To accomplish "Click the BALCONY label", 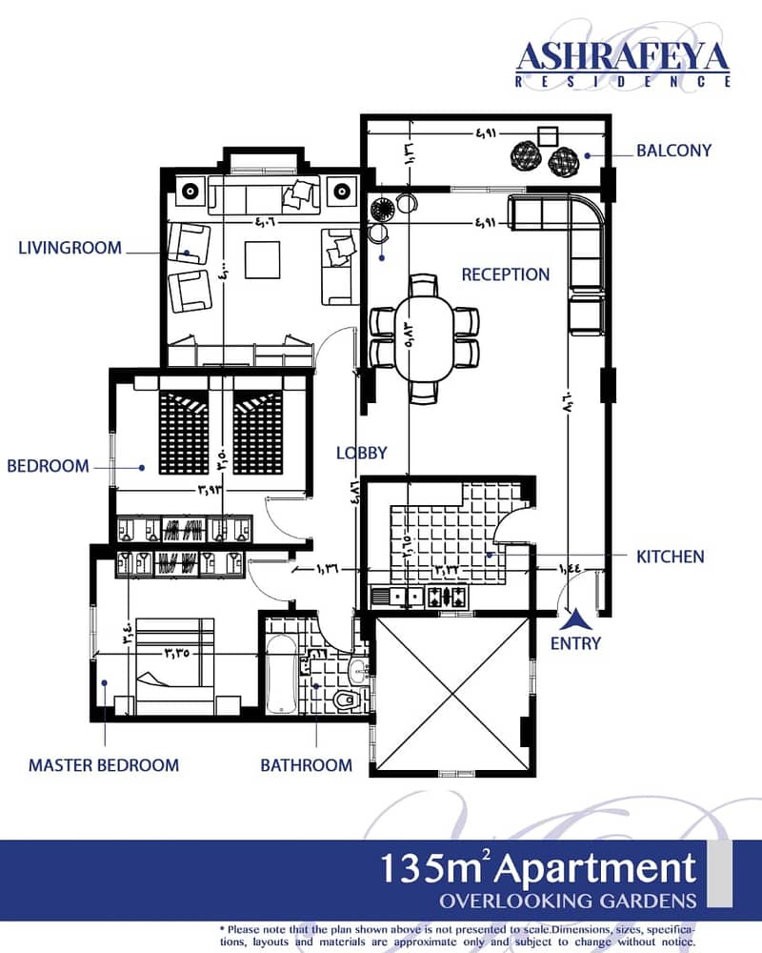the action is (673, 151).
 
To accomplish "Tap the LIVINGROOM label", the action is (70, 248).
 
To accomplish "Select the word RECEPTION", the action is (505, 274).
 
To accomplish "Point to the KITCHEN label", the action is (671, 557).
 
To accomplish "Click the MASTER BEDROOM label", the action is (104, 765).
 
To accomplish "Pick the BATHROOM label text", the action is (307, 765).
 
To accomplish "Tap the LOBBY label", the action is (362, 453).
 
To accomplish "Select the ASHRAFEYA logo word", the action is (622, 58).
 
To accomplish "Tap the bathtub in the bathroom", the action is (281, 676).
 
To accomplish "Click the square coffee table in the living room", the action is (263, 259).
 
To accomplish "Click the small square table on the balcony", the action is (548, 136).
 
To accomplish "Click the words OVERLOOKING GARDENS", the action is (568, 901).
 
